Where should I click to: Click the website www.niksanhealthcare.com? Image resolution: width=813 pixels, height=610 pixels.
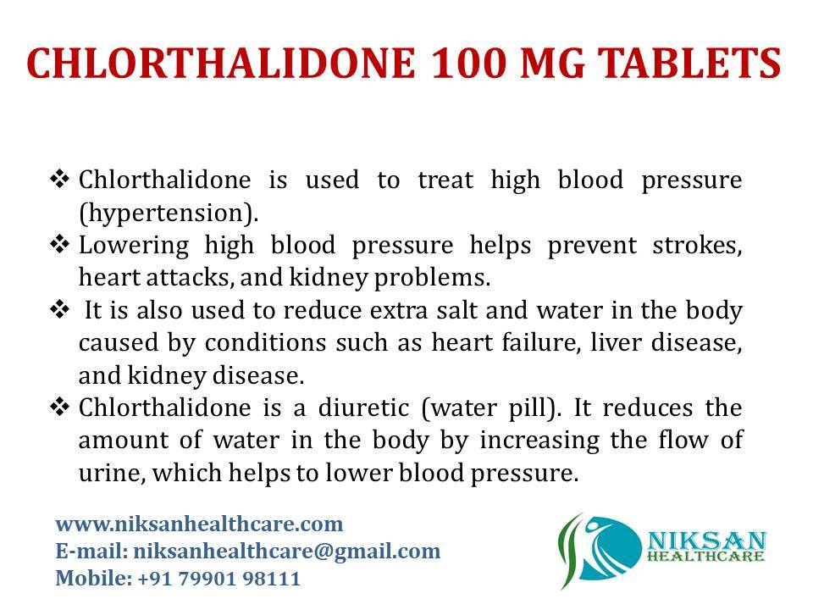pos(199,523)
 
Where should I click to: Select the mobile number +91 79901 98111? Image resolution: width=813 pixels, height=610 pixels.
pos(218,579)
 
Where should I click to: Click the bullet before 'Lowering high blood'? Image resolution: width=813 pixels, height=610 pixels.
pos(59,246)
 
